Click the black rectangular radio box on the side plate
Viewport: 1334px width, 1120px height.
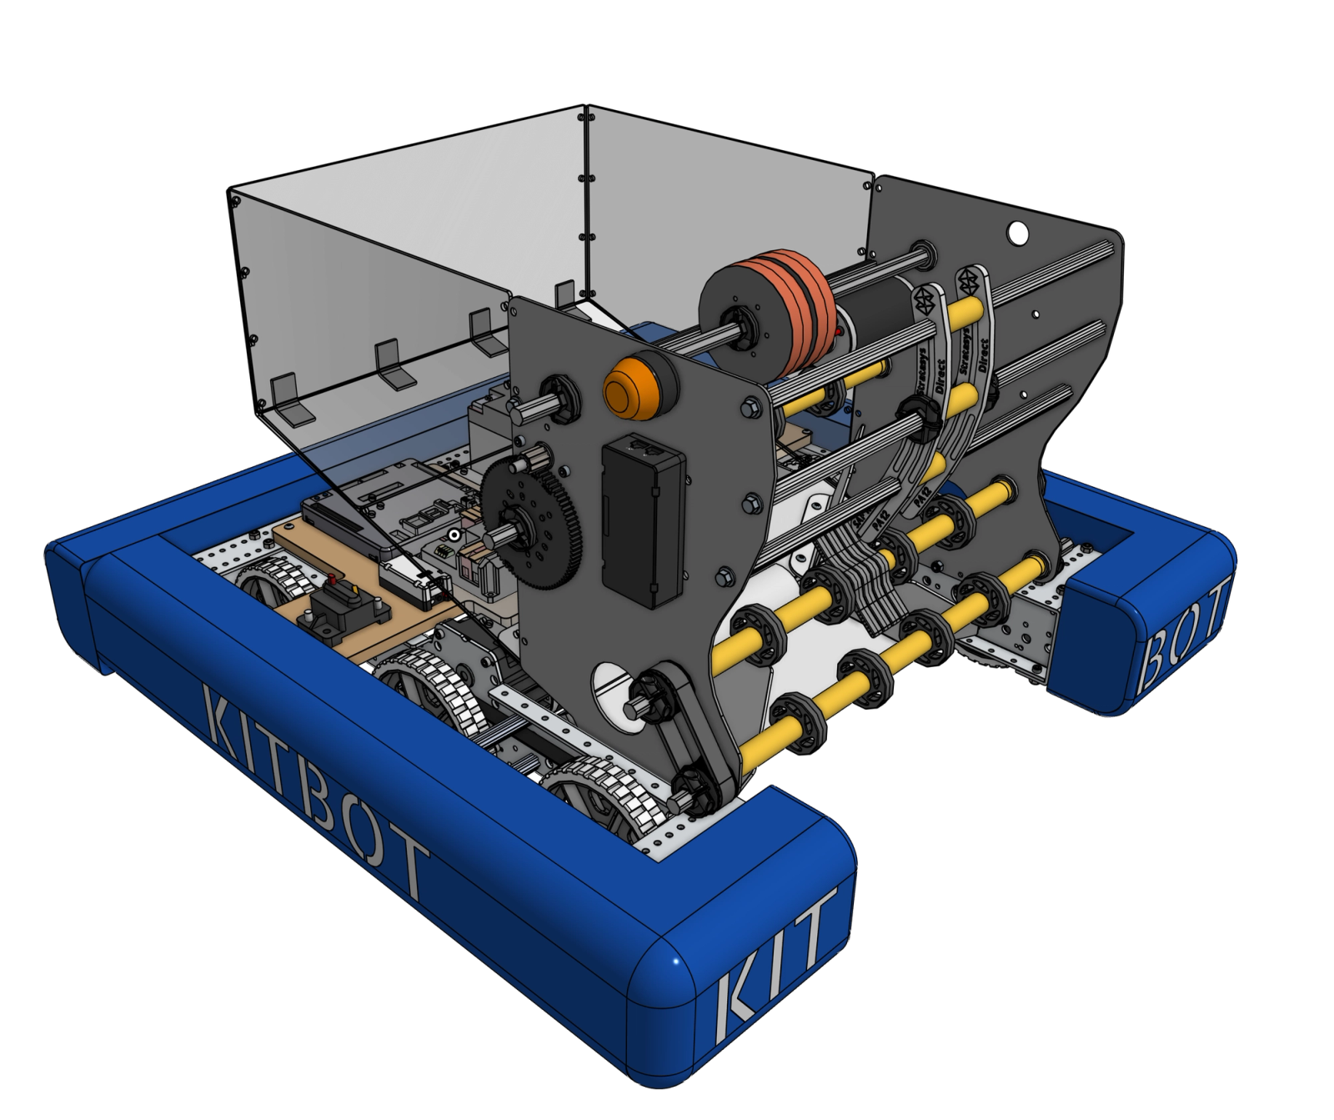[643, 521]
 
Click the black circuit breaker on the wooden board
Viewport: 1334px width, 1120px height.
[340, 611]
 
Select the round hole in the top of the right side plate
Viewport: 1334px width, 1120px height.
[1016, 229]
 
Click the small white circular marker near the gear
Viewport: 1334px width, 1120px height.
[453, 535]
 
